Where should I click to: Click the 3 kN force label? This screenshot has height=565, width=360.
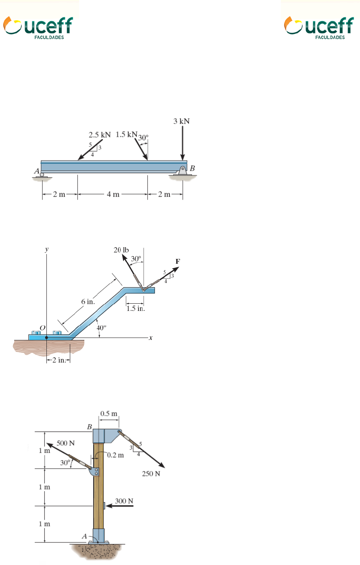tap(181, 121)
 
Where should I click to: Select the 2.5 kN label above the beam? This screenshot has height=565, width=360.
tap(99, 135)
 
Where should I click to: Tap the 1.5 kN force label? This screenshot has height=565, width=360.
tap(126, 134)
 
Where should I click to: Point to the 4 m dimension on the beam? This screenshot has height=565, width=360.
tap(113, 194)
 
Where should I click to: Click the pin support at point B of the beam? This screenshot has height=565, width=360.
tap(182, 171)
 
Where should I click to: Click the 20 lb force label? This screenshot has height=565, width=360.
tap(121, 250)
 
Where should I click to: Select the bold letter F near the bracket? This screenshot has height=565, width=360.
tap(178, 261)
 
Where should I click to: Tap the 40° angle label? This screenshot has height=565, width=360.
tap(101, 328)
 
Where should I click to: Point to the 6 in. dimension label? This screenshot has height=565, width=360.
tap(88, 302)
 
